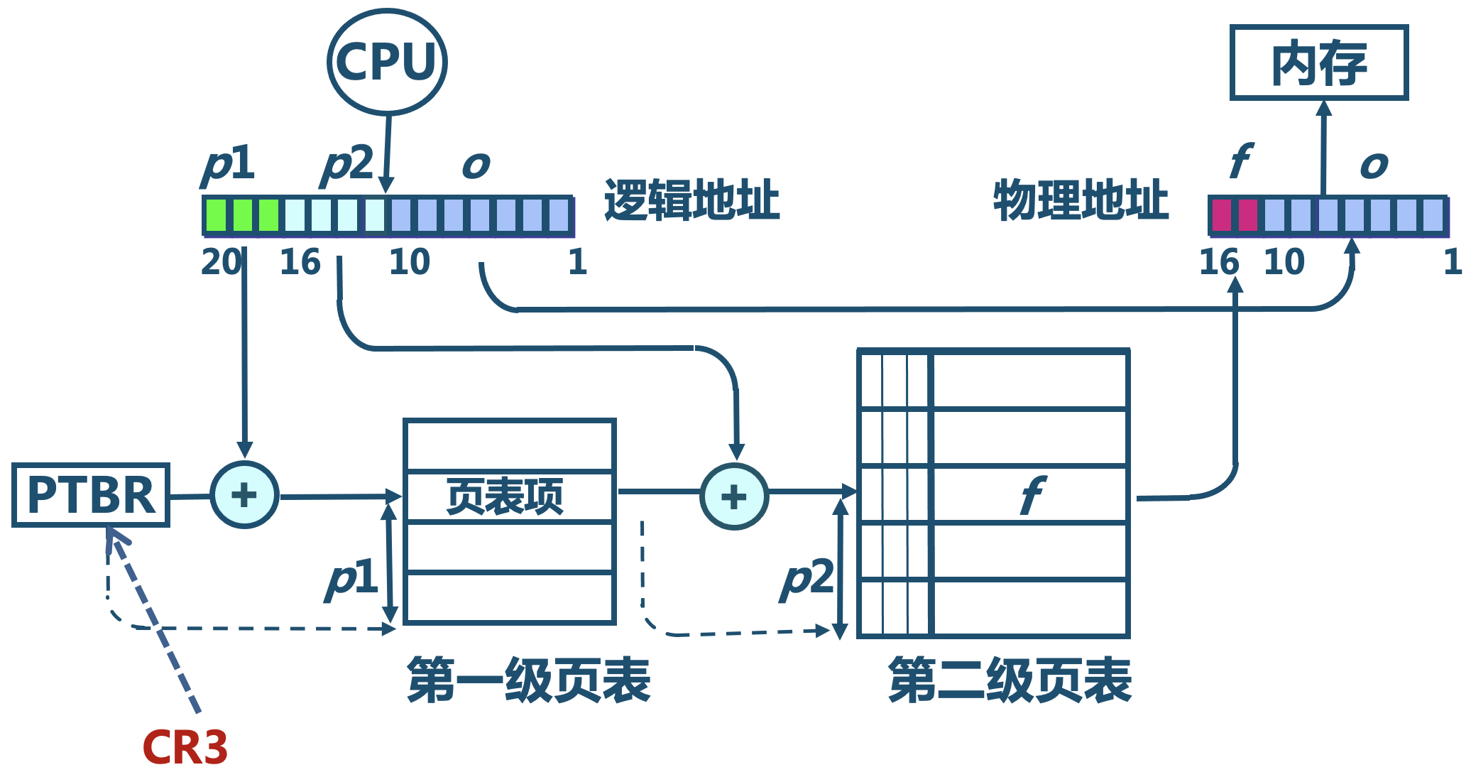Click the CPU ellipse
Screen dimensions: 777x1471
click(x=387, y=62)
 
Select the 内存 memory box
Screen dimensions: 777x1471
click(x=1318, y=63)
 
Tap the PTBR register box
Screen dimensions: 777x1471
click(x=91, y=495)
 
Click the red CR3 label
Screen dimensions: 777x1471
click(x=185, y=747)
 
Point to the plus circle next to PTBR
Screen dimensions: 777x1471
click(x=244, y=495)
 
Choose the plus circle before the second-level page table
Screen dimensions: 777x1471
click(x=734, y=496)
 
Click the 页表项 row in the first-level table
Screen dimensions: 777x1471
click(x=508, y=496)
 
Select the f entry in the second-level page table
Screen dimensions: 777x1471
click(x=1031, y=495)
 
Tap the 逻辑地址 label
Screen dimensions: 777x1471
click(x=691, y=200)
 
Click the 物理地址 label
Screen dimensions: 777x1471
click(x=1081, y=200)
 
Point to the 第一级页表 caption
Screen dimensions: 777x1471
click(x=528, y=680)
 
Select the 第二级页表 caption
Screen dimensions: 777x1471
click(x=1010, y=680)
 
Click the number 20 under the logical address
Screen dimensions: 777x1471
click(x=221, y=262)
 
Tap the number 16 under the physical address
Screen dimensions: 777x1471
click(x=1219, y=262)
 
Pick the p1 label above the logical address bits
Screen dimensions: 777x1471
click(x=229, y=165)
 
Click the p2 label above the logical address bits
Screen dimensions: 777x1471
click(x=347, y=165)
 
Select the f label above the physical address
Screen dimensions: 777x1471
click(x=1240, y=161)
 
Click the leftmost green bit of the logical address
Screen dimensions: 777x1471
click(x=216, y=215)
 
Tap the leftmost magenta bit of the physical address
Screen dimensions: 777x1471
click(x=1221, y=216)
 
